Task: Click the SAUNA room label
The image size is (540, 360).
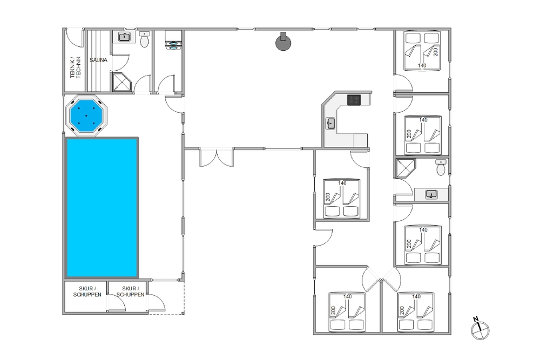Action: pos(98,60)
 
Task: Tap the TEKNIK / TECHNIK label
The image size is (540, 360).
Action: pos(76,67)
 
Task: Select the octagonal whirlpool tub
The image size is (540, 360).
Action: pos(86,116)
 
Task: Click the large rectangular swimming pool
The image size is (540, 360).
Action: pos(102,208)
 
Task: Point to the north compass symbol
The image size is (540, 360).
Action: pos(480,329)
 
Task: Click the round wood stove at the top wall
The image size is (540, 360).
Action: pos(283,42)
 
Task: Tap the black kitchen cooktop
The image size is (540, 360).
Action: pos(354,100)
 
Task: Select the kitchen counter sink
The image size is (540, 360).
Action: pos(330,123)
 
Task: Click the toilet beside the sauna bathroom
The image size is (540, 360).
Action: pos(144,39)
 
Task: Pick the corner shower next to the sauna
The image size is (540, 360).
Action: pos(122,82)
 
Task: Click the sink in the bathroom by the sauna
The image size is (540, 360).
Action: pos(124,37)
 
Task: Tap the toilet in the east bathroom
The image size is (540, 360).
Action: pos(441,167)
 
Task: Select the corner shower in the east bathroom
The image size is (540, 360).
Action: pos(406,168)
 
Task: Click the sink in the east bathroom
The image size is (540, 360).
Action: pos(431,194)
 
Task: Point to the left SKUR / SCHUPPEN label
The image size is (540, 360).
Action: pos(87,291)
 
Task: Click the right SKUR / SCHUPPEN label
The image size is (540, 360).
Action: pos(130,291)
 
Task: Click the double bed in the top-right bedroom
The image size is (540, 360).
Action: pos(422,51)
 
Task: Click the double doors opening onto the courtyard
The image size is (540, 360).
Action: pos(217,157)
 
